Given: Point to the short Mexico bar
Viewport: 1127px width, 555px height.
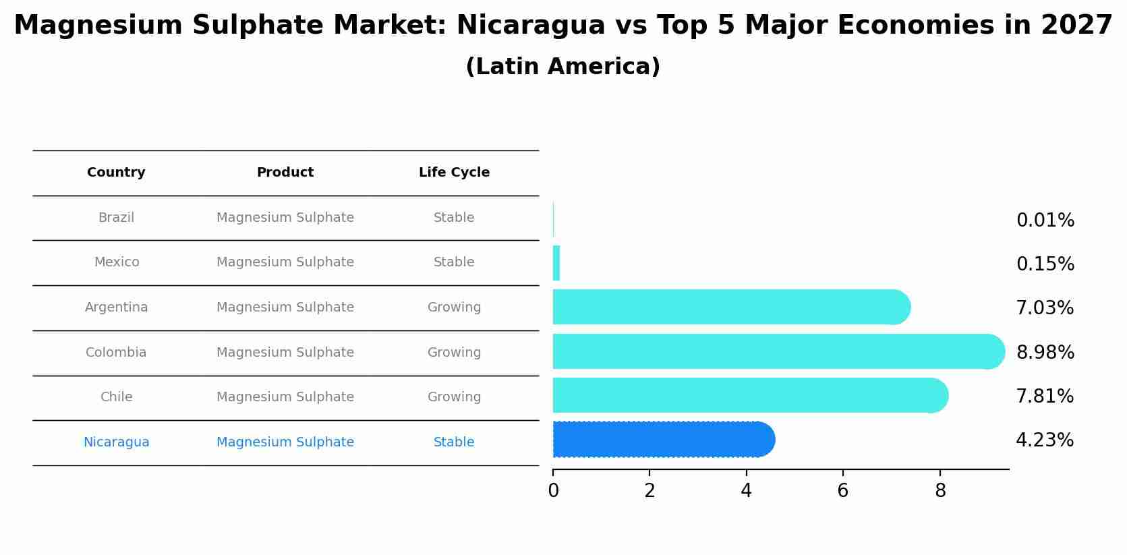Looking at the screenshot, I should click(x=556, y=263).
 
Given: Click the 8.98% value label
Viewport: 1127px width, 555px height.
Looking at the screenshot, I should click(x=1045, y=352).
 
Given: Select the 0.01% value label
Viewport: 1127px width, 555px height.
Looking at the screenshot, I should click(x=1045, y=221).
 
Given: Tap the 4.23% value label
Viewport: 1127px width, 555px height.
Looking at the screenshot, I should click(x=1044, y=440).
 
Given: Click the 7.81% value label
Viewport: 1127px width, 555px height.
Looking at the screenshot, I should click(x=1044, y=397).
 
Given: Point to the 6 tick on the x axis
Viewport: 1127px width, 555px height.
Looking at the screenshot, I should click(x=842, y=491).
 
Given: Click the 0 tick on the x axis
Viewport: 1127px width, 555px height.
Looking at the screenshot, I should click(x=553, y=491).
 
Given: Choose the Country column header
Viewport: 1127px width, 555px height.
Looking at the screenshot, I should click(x=116, y=173).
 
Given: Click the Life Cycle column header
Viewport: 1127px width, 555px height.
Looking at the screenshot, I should click(x=454, y=173).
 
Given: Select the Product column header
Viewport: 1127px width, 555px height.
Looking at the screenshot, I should click(x=285, y=173).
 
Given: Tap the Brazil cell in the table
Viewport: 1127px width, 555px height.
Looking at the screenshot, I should click(x=116, y=218).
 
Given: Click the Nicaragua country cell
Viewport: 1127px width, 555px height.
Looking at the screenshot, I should click(x=116, y=442).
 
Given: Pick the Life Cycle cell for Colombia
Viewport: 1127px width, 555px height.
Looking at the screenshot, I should click(x=454, y=353).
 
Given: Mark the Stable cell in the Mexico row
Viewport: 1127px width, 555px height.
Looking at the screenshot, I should click(x=454, y=262).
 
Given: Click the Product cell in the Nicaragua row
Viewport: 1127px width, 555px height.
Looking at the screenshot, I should click(x=285, y=442).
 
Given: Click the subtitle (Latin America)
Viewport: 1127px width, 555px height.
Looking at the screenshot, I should click(x=562, y=67).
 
